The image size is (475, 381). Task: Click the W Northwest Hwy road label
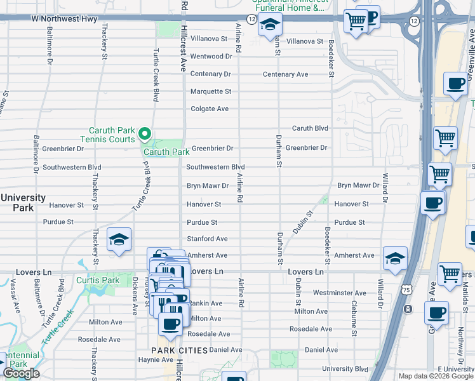tap(65, 19)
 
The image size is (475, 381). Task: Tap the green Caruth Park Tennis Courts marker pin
tap(144, 133)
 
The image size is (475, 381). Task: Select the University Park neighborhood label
tap(23, 203)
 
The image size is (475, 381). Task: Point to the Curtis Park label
tap(98, 280)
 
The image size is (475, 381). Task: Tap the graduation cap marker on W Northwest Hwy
tap(270, 25)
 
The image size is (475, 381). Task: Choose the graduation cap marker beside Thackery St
tap(119, 240)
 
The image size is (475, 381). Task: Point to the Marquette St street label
tap(211, 91)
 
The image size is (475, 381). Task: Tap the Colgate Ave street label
tap(210, 109)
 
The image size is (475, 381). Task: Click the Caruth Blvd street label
tap(310, 128)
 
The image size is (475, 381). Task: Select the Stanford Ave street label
tap(206, 239)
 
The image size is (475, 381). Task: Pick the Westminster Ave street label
tap(340, 293)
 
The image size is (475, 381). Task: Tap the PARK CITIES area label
tap(179, 351)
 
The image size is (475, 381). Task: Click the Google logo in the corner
tap(21, 373)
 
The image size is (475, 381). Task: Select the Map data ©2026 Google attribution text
tap(435, 376)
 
